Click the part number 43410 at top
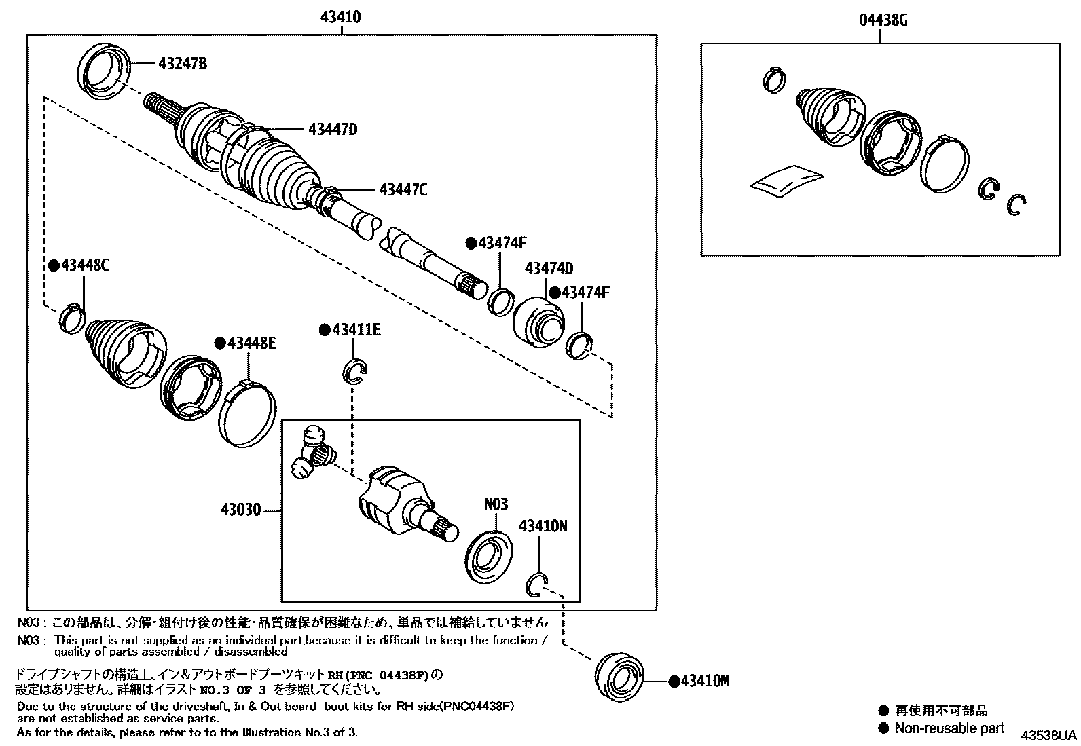pos(340,18)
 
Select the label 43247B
pos(182,64)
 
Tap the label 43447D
pos(332,129)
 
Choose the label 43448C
pos(84,265)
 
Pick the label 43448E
pos(251,343)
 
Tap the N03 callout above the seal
pos(495,504)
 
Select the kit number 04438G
pos(883,20)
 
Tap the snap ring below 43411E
pos(355,371)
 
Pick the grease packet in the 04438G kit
pos(786,181)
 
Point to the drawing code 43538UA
pos(1050,735)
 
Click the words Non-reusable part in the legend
pos(949,728)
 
